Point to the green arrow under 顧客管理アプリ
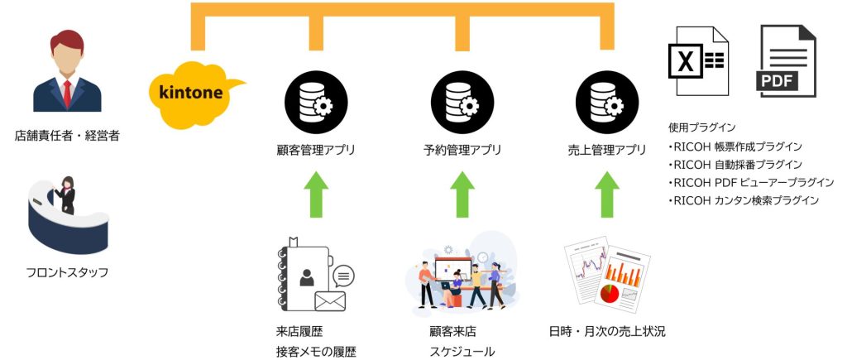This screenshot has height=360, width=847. (312, 194)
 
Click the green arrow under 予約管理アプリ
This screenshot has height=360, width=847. (461, 194)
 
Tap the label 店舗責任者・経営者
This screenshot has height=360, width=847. (66, 136)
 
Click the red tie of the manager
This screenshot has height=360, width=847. (67, 92)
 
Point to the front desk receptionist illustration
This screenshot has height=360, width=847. (66, 214)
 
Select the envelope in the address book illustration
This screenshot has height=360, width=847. (328, 300)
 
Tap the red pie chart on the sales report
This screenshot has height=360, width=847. (610, 293)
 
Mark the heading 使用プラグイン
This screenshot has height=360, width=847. (701, 127)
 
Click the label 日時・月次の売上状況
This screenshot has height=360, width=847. (607, 332)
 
